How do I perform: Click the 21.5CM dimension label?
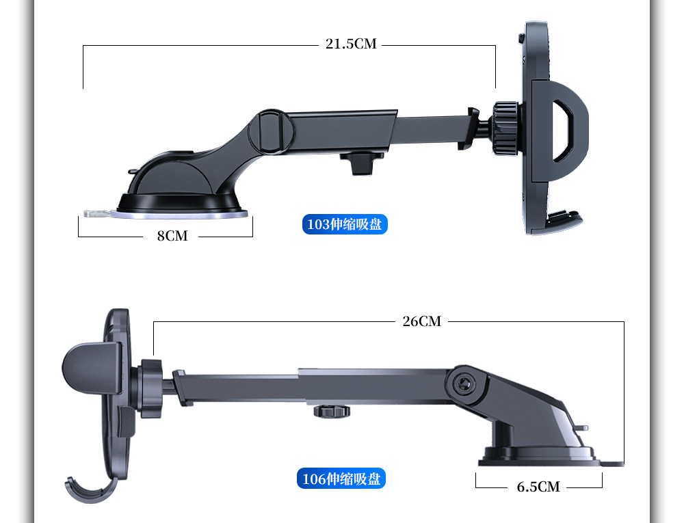coord(351,44)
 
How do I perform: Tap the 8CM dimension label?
coord(172,236)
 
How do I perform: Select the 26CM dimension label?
coord(421,321)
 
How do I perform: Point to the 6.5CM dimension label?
coord(538,487)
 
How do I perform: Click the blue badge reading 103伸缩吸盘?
coord(345,224)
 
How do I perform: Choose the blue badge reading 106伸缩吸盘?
coord(342,479)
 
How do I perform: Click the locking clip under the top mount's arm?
coord(360,163)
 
